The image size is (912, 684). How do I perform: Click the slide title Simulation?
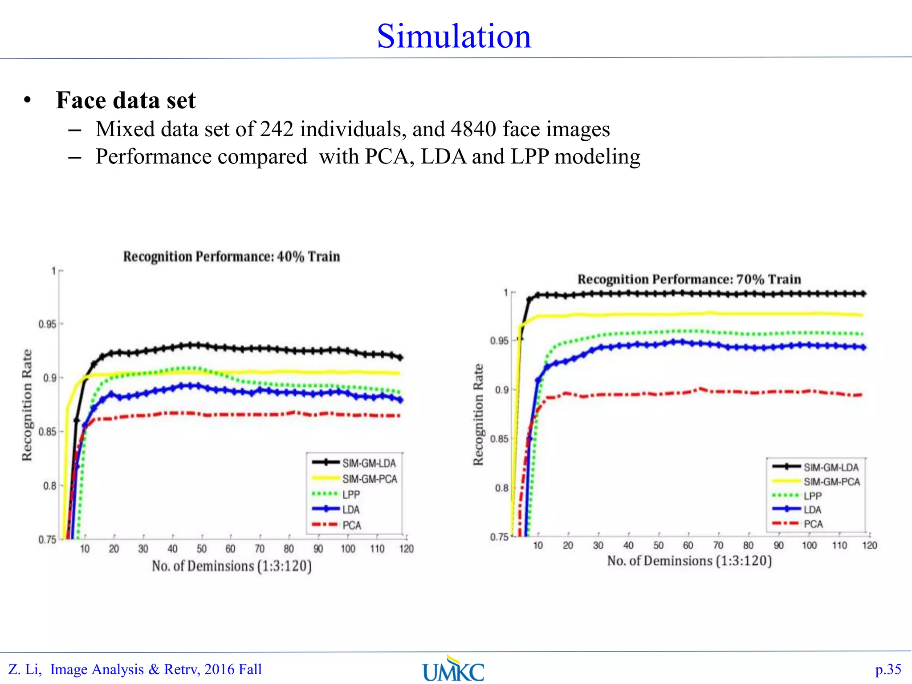click(x=454, y=37)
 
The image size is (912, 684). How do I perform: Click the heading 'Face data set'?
click(x=126, y=100)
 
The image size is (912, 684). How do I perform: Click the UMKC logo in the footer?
click(x=453, y=670)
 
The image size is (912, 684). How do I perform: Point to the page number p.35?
click(x=888, y=670)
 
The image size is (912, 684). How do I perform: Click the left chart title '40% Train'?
click(x=308, y=257)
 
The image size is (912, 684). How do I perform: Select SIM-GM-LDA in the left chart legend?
click(x=369, y=464)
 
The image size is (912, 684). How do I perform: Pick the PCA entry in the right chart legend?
click(x=813, y=524)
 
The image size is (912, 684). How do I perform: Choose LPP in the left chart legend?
click(x=351, y=495)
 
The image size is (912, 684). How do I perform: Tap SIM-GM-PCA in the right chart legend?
click(x=831, y=482)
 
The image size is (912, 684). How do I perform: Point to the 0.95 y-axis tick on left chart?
click(x=47, y=324)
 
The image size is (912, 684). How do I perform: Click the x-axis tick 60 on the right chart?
click(x=688, y=546)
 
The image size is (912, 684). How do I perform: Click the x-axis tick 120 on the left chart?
click(x=406, y=549)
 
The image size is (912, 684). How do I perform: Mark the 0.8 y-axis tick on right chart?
click(x=501, y=488)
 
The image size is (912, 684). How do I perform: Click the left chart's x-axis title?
click(x=232, y=566)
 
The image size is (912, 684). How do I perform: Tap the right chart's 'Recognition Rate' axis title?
click(x=478, y=415)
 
